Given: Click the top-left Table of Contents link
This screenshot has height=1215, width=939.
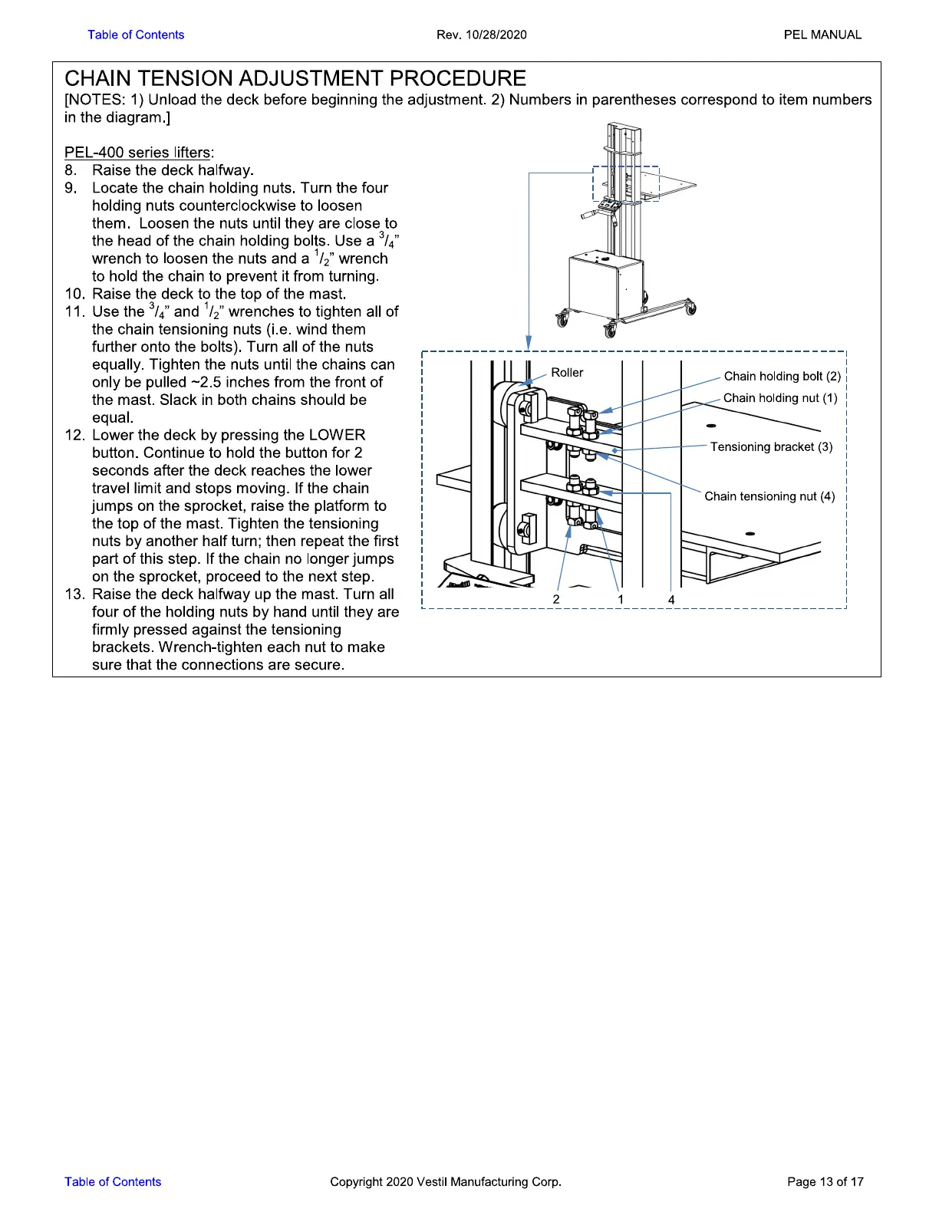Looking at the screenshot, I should pos(136,35).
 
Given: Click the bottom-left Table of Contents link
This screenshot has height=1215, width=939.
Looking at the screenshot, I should pos(113,1181).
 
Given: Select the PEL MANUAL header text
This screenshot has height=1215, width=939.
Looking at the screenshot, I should pos(822,35).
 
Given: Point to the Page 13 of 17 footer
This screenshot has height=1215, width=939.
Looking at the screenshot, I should pos(825,1181).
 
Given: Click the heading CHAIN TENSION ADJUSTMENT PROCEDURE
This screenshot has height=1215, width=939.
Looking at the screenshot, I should pos(295,78).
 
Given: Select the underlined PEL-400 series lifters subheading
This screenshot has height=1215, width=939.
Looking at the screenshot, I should pos(138,153).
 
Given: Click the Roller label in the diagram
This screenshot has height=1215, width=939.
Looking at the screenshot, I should pos(567,373).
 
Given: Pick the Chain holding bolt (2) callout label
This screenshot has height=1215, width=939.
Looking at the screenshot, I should pos(782,376).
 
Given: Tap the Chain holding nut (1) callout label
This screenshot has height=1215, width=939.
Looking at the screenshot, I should pos(780,398).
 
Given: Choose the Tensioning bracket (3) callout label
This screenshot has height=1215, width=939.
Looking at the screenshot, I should pos(771,447).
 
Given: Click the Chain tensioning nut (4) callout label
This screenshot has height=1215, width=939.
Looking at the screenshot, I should pos(769,496).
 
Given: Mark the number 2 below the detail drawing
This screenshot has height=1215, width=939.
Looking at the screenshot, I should pos(556,599).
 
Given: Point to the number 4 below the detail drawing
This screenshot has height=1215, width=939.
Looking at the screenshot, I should pos(671,599).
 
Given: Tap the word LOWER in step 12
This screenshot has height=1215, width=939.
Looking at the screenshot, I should pos(337,436).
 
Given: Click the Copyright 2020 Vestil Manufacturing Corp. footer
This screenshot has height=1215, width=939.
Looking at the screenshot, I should pos(446,1181).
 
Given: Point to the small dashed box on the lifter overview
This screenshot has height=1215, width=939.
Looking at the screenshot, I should pos(626,183).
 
